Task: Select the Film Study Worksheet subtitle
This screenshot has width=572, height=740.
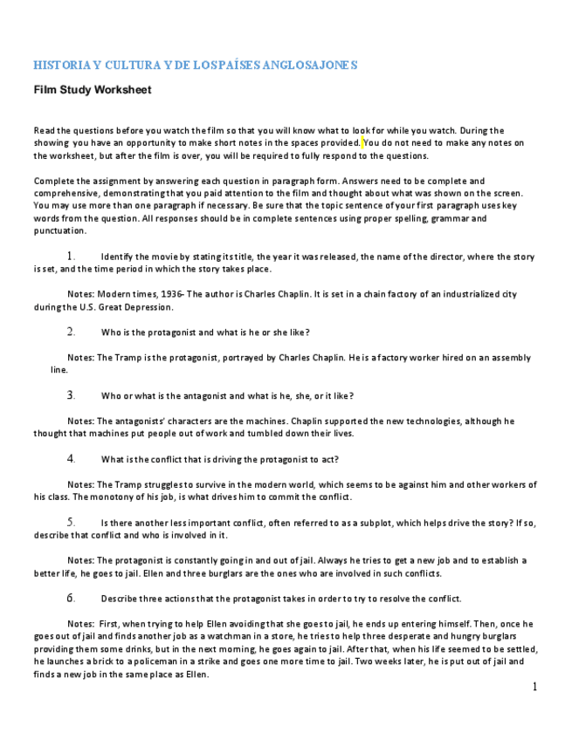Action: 93,90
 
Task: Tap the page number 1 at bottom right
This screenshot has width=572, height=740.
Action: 534,688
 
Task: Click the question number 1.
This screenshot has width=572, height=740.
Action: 71,257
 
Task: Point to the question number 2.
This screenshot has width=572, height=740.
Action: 71,332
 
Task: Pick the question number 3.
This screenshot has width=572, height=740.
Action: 71,395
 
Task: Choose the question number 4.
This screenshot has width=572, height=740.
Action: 71,459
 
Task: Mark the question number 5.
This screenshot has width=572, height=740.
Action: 71,522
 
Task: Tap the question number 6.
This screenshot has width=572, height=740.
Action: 71,599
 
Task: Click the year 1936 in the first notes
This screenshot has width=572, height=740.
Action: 187,295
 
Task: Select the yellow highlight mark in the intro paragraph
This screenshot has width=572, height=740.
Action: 362,142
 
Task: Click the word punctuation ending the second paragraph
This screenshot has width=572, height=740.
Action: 60,231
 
